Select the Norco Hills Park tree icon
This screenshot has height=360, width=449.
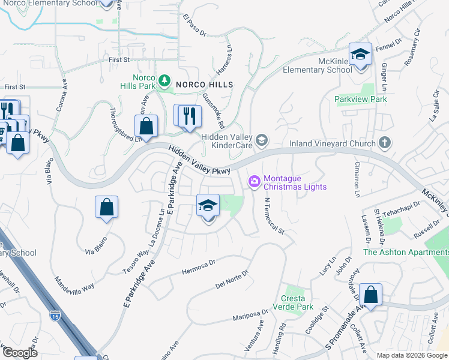(x=163, y=80)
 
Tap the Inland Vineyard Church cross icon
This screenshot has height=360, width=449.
(x=384, y=143)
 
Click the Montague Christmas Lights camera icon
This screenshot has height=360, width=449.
(x=255, y=181)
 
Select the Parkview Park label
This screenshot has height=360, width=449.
(x=361, y=99)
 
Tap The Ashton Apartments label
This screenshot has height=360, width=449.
(x=405, y=252)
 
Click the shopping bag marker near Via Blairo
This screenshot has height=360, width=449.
(x=106, y=208)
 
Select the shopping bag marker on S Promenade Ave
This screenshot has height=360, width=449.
(x=371, y=295)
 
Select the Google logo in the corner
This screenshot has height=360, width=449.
(x=19, y=353)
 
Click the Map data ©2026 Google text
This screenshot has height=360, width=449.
(x=411, y=355)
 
